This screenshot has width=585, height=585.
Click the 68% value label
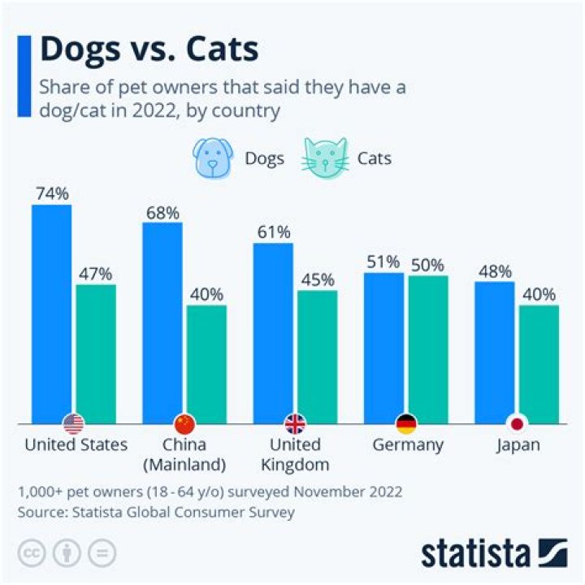[162, 212]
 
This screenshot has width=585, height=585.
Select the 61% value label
[273, 232]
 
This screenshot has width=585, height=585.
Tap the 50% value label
[427, 265]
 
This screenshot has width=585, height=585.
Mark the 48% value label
[494, 271]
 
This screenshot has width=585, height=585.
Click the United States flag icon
[74, 423]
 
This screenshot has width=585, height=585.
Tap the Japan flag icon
[516, 423]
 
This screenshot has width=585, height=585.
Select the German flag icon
[405, 423]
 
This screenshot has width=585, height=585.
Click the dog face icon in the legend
[214, 157]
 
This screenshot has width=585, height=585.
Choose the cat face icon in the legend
[325, 157]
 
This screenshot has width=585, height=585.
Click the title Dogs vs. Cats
[149, 50]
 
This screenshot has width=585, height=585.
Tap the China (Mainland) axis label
[184, 455]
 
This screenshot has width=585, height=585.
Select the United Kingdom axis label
[295, 455]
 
